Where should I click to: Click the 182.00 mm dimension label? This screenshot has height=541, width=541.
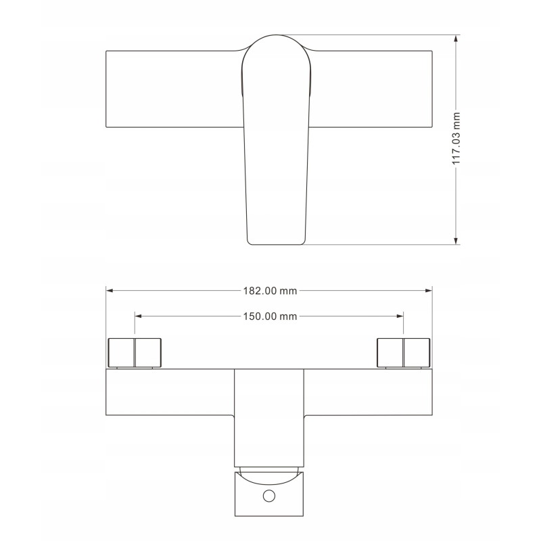click(x=270, y=291)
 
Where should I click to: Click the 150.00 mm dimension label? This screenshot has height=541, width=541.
click(x=270, y=316)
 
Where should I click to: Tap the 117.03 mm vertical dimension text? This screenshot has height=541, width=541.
click(x=456, y=139)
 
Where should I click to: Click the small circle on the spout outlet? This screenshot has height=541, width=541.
click(x=269, y=496)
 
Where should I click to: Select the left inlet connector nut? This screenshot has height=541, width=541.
click(x=135, y=352)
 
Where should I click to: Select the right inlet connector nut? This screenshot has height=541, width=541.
click(x=403, y=352)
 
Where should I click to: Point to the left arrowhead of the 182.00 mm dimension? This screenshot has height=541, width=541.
click(x=110, y=291)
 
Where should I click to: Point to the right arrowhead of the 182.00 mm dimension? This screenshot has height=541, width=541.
click(x=429, y=291)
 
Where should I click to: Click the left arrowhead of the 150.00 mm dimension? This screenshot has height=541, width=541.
click(x=139, y=316)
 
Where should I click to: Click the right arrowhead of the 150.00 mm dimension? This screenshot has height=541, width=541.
click(x=400, y=316)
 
